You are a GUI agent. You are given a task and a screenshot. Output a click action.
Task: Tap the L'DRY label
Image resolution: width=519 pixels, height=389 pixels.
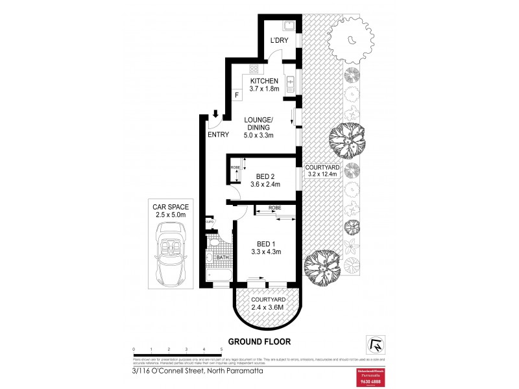pyautogui.click(x=279, y=41)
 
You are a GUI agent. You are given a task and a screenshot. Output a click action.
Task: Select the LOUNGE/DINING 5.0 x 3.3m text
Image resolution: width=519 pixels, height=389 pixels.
pyautogui.click(x=259, y=128)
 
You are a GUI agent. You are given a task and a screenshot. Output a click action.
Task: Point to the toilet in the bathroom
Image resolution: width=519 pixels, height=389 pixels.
pyautogui.click(x=211, y=243)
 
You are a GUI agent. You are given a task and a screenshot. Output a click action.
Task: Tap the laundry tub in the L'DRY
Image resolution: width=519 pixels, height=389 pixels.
pyautogui.click(x=289, y=27)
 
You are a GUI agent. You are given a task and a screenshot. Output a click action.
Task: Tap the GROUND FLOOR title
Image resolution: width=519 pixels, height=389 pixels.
pyautogui.click(x=259, y=342)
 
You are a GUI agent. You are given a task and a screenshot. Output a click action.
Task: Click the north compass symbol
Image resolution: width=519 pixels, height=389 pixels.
pyautogui.click(x=375, y=342)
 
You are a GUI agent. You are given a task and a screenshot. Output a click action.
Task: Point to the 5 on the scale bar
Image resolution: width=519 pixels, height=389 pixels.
pyautogui.click(x=222, y=349)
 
